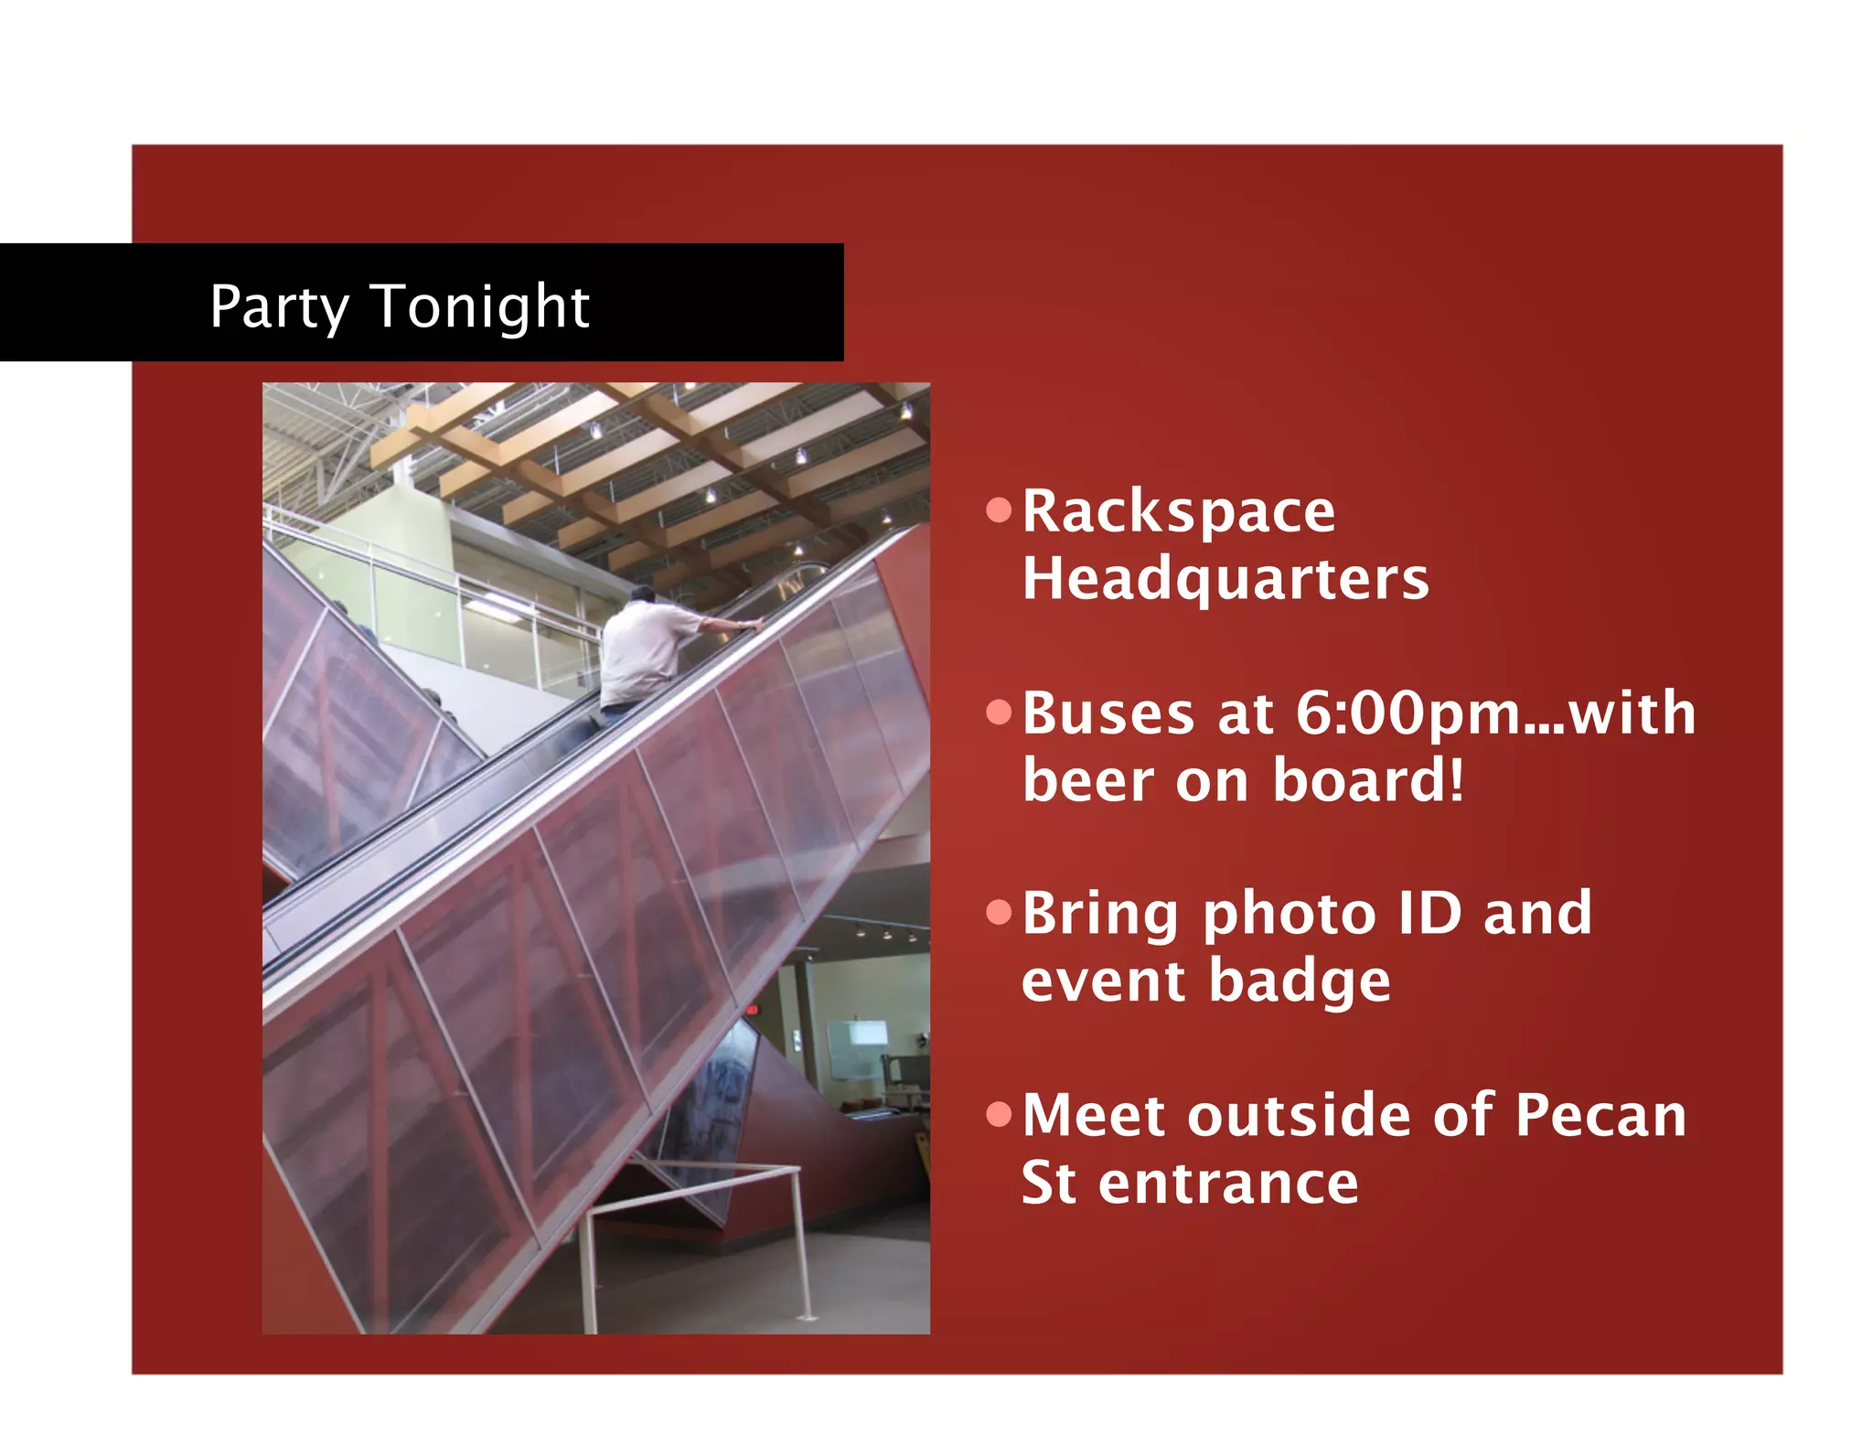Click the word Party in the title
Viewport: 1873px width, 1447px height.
pyautogui.click(x=279, y=306)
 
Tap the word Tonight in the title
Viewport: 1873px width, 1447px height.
pyautogui.click(x=481, y=306)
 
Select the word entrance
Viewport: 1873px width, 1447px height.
pyautogui.click(x=1228, y=1183)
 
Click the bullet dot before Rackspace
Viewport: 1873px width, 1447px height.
pyautogui.click(x=1000, y=510)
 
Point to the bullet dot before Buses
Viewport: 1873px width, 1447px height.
pyautogui.click(x=1000, y=713)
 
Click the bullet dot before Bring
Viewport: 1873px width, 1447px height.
pyautogui.click(x=1000, y=913)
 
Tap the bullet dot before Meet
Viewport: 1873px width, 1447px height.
pyautogui.click(x=1000, y=1114)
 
